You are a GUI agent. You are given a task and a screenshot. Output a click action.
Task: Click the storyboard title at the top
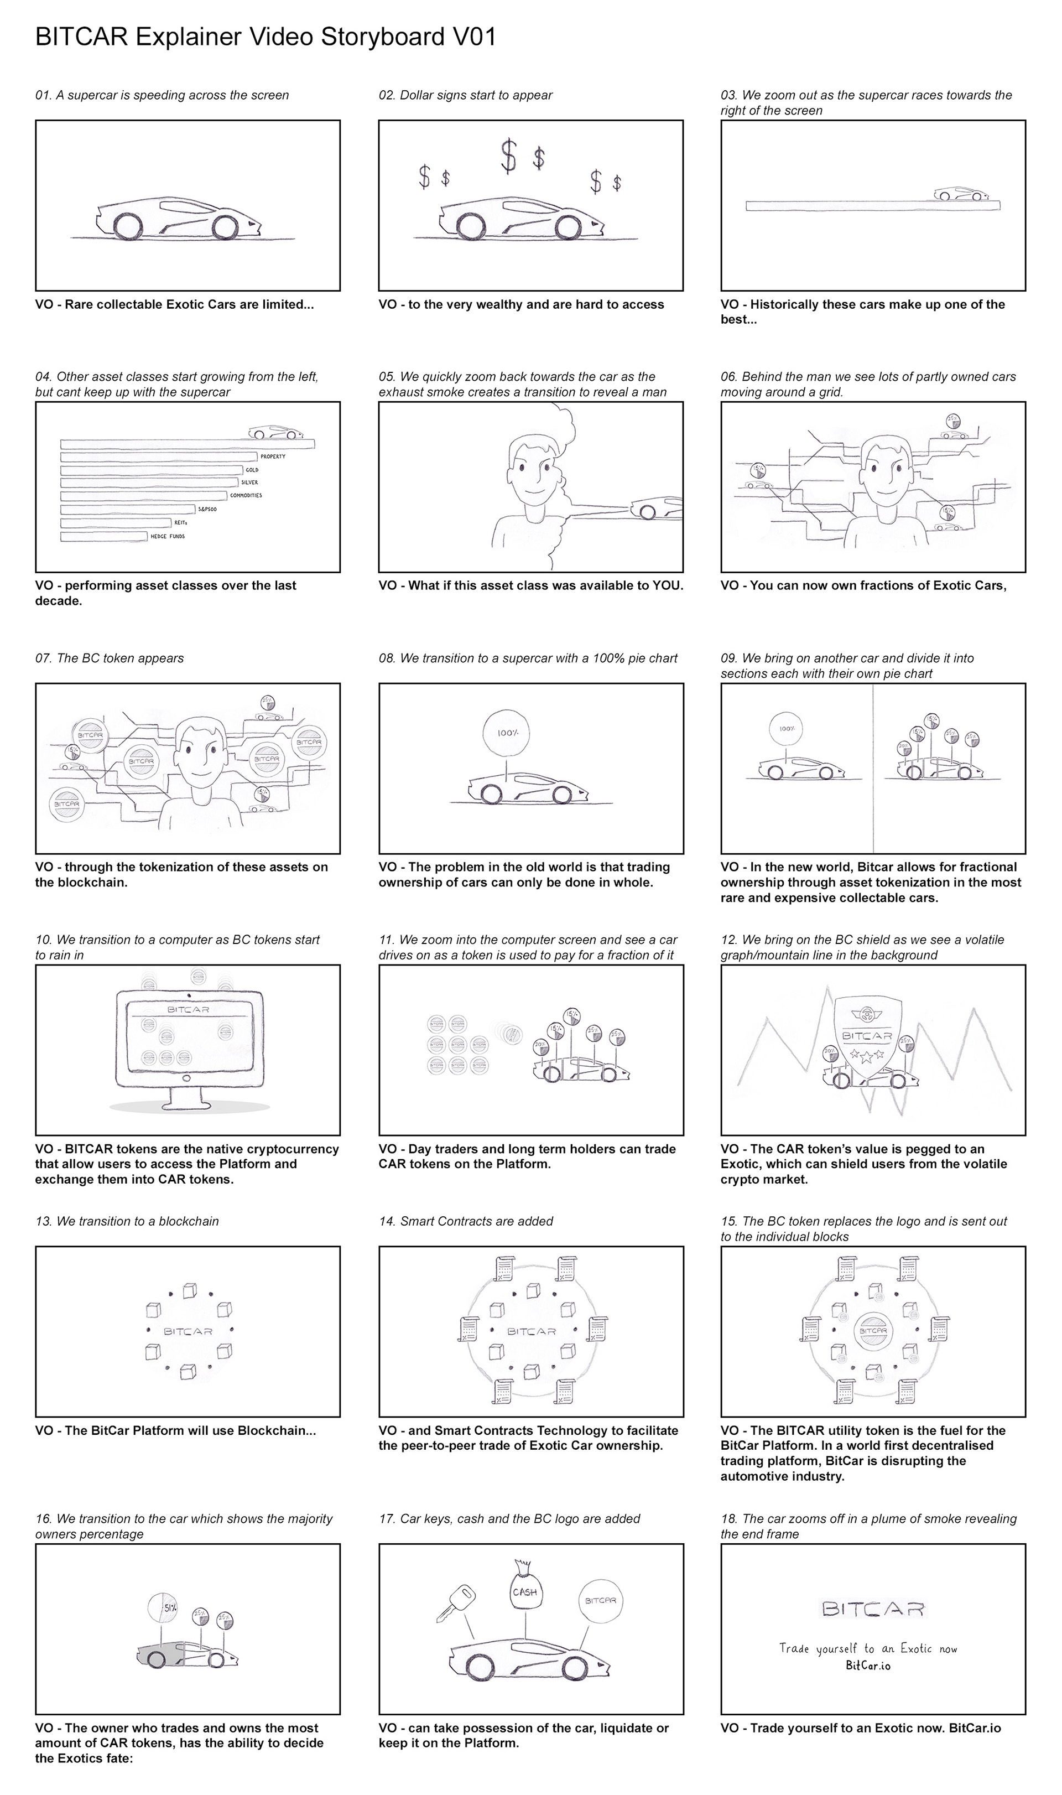pyautogui.click(x=265, y=37)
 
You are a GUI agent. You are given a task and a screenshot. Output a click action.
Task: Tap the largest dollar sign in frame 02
pyautogui.click(x=508, y=156)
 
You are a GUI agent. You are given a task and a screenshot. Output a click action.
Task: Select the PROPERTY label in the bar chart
pyautogui.click(x=273, y=456)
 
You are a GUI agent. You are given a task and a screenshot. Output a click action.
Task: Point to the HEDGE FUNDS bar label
pyautogui.click(x=168, y=536)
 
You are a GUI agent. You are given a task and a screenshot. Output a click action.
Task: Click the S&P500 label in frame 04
pyautogui.click(x=207, y=509)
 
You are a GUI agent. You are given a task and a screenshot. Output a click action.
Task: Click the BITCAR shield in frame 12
pyautogui.click(x=867, y=1036)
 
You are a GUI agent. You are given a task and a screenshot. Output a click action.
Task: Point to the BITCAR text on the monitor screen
pyautogui.click(x=188, y=1009)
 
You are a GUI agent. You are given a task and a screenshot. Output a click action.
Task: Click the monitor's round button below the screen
pyautogui.click(x=188, y=1078)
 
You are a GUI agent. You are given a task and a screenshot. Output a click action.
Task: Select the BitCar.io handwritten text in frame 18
pyautogui.click(x=868, y=1666)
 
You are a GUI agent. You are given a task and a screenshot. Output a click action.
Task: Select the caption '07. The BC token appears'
pyautogui.click(x=110, y=658)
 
